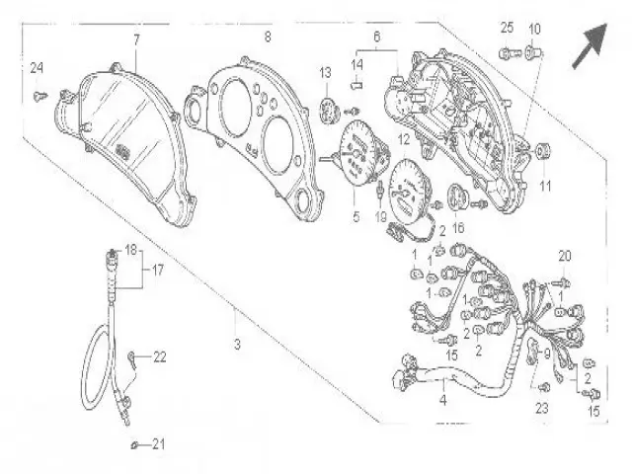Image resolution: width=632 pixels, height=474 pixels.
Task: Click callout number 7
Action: tap(136, 39)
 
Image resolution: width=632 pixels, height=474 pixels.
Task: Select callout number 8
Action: tap(267, 38)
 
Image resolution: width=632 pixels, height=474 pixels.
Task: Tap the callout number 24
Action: tap(37, 68)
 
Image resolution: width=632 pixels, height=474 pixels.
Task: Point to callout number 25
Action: tap(507, 27)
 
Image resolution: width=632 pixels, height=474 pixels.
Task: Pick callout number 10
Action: tap(535, 27)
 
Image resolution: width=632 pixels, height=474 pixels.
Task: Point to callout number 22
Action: tap(160, 356)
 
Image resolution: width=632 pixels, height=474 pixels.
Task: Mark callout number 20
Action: tap(563, 256)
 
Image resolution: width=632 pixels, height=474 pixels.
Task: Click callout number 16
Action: tap(458, 226)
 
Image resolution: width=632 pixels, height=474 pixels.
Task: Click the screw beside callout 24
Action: tap(41, 96)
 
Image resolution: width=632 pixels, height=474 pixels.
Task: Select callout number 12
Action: tap(403, 141)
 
